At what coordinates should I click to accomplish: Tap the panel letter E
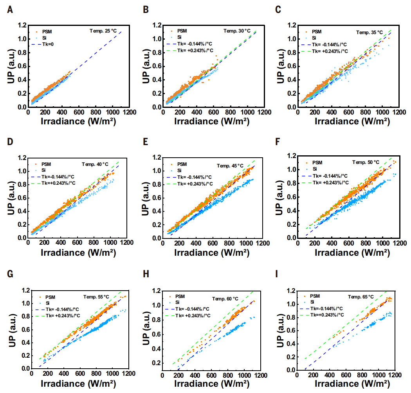[145, 142]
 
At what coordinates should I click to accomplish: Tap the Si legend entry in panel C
[314, 38]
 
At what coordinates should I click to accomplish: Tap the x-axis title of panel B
[213, 121]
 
